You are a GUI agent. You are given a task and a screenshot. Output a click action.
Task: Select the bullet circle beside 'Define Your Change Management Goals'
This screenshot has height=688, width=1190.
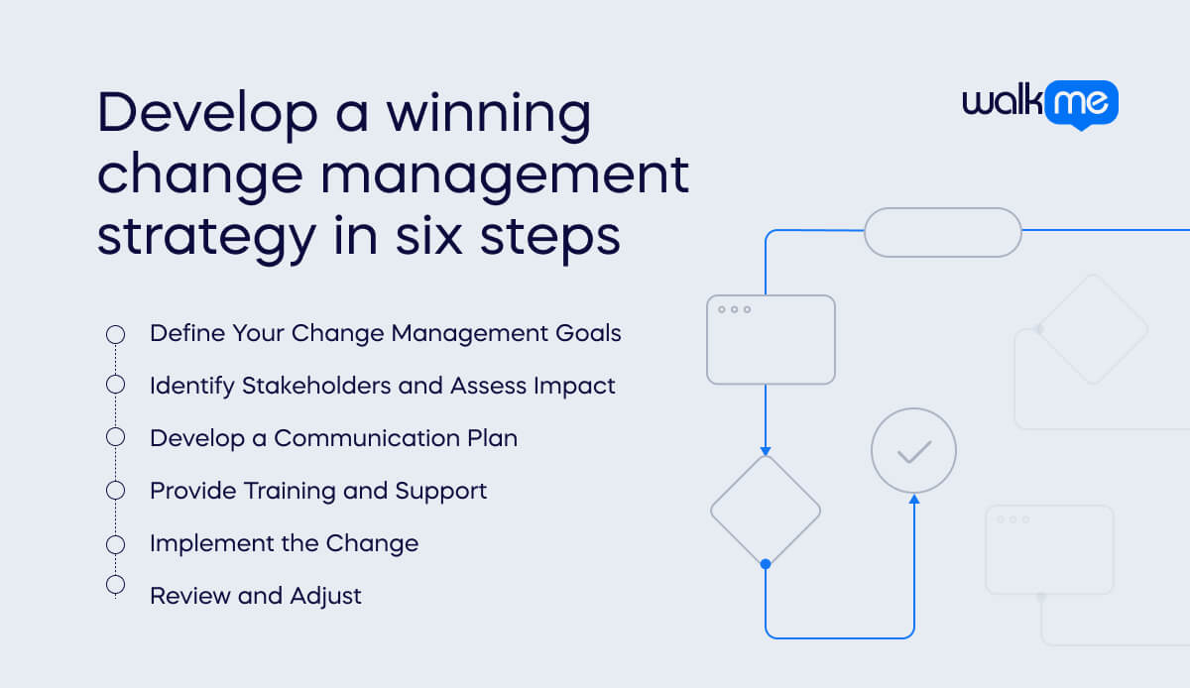pos(115,334)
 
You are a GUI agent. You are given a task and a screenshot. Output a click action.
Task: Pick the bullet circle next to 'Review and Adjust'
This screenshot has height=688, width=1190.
pos(115,585)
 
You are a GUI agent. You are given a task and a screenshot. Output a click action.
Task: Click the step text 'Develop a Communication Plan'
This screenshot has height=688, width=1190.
pos(333,438)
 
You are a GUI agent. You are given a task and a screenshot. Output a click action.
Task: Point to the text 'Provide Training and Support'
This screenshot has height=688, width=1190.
pos(318,491)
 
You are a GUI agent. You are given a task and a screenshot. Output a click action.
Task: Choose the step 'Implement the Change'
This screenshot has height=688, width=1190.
pos(284,543)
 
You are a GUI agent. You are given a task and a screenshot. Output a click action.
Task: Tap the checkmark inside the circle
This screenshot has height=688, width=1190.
pos(913,452)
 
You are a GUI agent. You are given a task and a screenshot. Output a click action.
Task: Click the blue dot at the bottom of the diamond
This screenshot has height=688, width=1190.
pos(765,564)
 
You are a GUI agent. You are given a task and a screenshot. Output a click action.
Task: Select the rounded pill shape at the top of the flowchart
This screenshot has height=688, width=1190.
pos(942,232)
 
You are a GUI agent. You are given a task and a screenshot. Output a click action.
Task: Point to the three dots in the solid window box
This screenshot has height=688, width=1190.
pos(734,309)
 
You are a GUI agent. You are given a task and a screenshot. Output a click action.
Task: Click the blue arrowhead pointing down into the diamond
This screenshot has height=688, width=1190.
pos(765,450)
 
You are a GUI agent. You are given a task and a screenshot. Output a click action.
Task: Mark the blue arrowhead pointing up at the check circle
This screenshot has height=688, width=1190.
pos(913,500)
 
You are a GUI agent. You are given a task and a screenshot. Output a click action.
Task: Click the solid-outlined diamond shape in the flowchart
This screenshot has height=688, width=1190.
pos(765,512)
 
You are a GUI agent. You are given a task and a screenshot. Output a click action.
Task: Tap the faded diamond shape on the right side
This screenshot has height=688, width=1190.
pos(1093,328)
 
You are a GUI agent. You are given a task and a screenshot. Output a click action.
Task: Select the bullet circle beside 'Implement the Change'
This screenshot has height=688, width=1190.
pos(115,543)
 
